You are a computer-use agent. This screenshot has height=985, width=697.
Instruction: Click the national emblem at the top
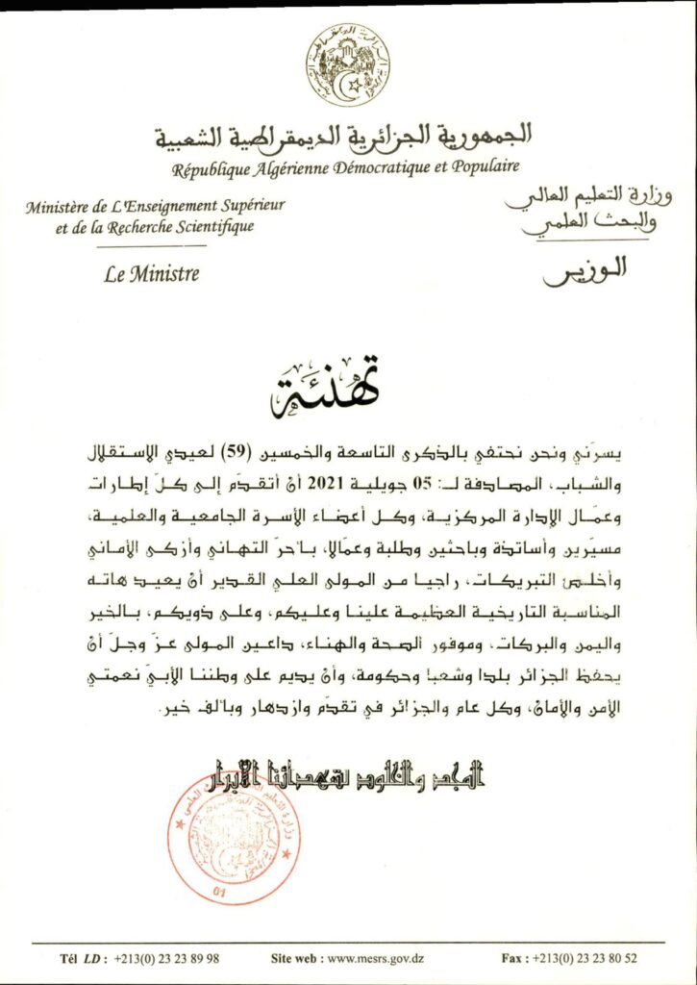[348, 64]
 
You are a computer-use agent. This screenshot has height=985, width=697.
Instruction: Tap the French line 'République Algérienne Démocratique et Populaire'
[345, 168]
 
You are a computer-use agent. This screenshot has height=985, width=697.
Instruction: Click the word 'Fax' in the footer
[512, 958]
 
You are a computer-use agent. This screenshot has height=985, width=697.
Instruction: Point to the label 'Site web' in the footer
[295, 958]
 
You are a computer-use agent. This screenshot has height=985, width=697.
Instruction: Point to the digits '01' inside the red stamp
[228, 893]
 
